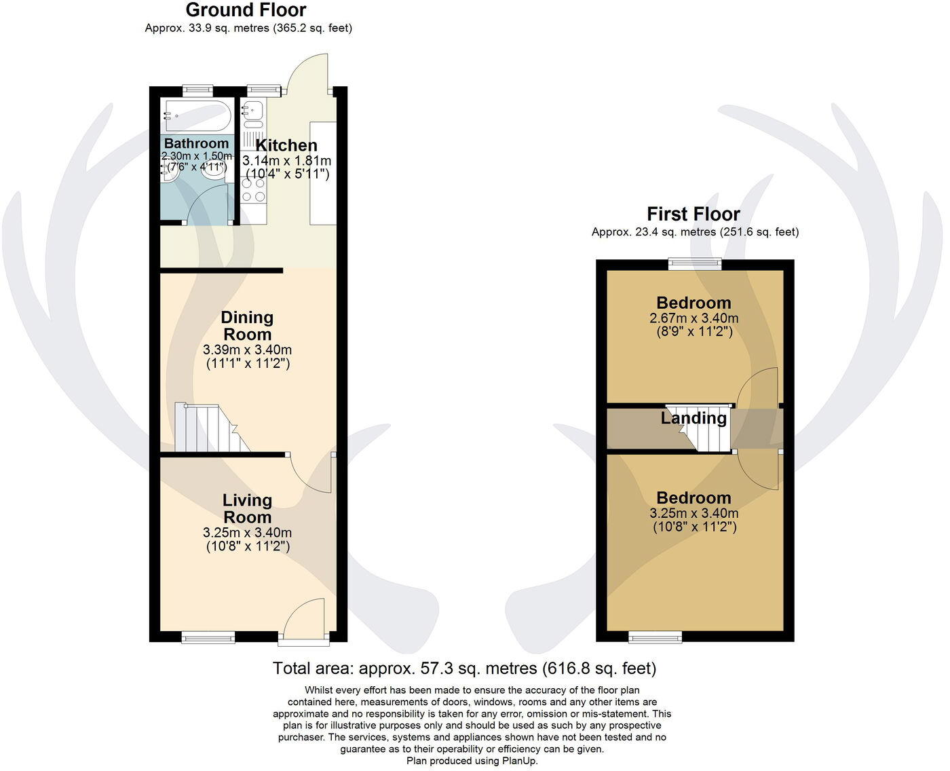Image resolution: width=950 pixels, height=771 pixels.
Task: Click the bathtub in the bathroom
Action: point(196,116)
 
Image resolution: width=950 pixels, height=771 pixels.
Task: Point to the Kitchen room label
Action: point(286,145)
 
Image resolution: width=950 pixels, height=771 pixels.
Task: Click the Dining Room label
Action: point(247,326)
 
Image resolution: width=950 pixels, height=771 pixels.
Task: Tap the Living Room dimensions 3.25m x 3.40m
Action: point(247,533)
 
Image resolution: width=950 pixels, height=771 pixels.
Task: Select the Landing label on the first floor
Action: point(693,418)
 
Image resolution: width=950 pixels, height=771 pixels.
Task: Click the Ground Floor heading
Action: point(246,10)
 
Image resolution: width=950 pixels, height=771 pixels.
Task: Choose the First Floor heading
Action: point(693,214)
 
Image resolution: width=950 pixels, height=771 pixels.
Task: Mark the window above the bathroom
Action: point(197,89)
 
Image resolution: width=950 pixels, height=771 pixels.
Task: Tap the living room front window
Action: point(208,637)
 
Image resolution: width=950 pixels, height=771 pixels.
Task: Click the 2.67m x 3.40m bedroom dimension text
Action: point(693,318)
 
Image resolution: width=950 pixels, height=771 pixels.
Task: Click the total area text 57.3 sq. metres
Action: point(464,669)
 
